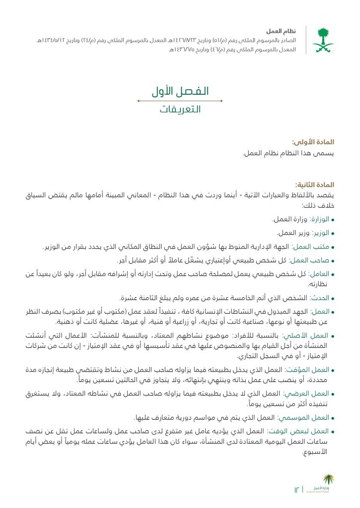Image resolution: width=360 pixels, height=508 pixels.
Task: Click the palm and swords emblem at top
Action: (x=323, y=40)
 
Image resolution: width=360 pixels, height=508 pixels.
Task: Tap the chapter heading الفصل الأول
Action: (x=180, y=92)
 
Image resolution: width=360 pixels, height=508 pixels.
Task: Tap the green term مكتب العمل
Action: (x=314, y=247)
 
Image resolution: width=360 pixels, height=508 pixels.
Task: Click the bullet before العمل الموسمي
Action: (x=333, y=418)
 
